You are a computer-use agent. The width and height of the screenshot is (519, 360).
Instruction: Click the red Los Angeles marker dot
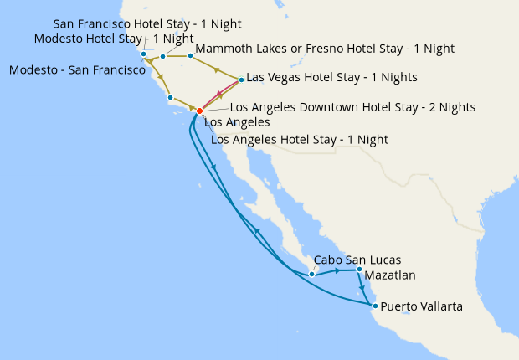pyautogui.click(x=199, y=111)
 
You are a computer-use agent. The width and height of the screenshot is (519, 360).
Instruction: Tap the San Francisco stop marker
pyautogui.click(x=143, y=55)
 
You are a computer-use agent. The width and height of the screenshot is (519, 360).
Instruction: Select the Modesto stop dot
pyautogui.click(x=162, y=57)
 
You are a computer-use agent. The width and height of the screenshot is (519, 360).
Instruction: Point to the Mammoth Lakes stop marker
pyautogui.click(x=190, y=56)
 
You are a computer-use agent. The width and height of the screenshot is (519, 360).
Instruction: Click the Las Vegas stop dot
pyautogui.click(x=241, y=80)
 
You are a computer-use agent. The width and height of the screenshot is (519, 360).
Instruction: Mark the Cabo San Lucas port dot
pyautogui.click(x=311, y=274)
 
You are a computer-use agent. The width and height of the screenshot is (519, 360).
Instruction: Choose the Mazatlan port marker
pyautogui.click(x=359, y=270)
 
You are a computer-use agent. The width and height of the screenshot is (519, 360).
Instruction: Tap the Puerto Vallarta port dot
pyautogui.click(x=374, y=306)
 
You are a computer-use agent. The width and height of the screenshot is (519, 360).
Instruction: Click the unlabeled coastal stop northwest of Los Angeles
pyautogui.click(x=170, y=98)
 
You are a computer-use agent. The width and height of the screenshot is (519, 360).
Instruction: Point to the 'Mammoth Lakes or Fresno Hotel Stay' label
pyautogui.click(x=325, y=49)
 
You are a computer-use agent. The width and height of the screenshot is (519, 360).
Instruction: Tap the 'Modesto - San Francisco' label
pyautogui.click(x=78, y=70)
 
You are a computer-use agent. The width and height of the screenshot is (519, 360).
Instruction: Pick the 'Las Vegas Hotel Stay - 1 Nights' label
pyautogui.click(x=331, y=77)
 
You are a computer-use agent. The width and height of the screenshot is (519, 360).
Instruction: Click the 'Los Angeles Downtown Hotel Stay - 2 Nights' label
pyautogui.click(x=352, y=107)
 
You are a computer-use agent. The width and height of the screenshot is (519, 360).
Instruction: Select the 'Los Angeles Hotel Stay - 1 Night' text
pyautogui.click(x=300, y=139)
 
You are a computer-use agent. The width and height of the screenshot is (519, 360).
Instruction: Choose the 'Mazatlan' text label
pyautogui.click(x=390, y=275)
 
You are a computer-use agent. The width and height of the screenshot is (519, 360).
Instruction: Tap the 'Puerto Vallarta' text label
pyautogui.click(x=421, y=307)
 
